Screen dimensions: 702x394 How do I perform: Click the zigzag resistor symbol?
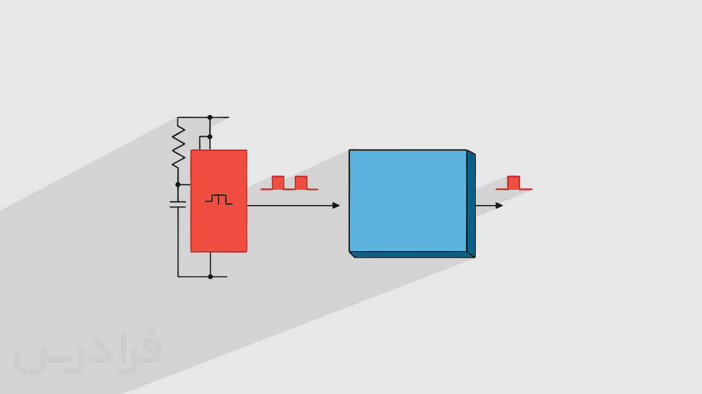(178, 147)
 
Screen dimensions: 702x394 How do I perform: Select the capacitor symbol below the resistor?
(178, 204)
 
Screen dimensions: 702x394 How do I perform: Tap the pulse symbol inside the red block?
(218, 200)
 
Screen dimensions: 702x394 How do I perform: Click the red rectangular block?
(218, 201)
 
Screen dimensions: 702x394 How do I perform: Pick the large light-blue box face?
(408, 201)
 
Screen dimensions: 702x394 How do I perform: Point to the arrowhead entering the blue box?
(336, 205)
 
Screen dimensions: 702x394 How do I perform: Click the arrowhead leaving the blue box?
(499, 205)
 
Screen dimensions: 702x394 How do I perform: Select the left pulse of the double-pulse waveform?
(278, 183)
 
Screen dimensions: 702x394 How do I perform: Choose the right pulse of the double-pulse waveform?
(301, 183)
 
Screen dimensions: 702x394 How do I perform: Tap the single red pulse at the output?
(514, 183)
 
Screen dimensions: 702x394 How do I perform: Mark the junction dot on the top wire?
(210, 118)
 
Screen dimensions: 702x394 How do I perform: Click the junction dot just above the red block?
(210, 137)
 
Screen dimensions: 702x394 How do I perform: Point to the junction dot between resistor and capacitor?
(178, 185)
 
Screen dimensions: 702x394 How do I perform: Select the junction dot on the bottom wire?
(210, 277)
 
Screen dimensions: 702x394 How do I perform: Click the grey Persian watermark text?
(87, 352)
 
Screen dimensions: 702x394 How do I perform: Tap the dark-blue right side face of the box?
(471, 204)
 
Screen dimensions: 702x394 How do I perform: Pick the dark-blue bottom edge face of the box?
(412, 254)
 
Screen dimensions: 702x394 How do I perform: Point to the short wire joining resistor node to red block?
(185, 185)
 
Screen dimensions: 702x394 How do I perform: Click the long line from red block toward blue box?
(290, 206)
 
